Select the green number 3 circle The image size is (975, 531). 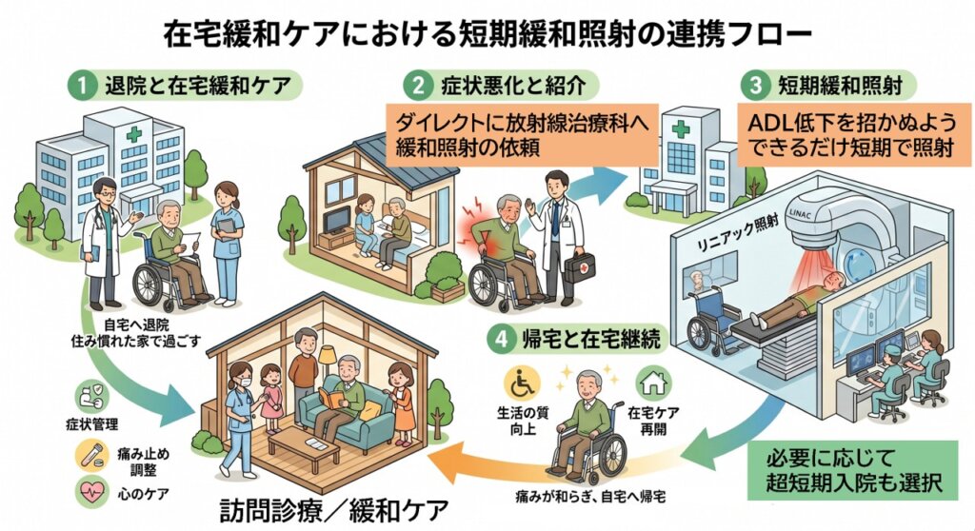tap(755, 86)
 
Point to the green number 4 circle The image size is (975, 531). tap(503, 340)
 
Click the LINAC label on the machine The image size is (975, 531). tap(800, 211)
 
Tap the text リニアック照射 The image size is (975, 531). tap(739, 234)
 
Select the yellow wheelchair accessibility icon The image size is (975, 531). tap(522, 384)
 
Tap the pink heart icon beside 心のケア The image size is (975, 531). tap(91, 492)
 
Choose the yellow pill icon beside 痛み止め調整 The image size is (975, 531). tap(91, 456)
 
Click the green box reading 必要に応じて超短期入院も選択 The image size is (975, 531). tap(852, 470)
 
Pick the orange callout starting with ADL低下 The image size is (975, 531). tap(854, 135)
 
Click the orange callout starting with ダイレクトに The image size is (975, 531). tap(522, 135)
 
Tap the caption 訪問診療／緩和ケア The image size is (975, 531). tap(334, 511)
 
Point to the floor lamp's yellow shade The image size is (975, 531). tap(328, 357)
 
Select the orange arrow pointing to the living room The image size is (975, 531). tap(497, 462)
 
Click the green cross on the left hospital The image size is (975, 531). tap(133, 134)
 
